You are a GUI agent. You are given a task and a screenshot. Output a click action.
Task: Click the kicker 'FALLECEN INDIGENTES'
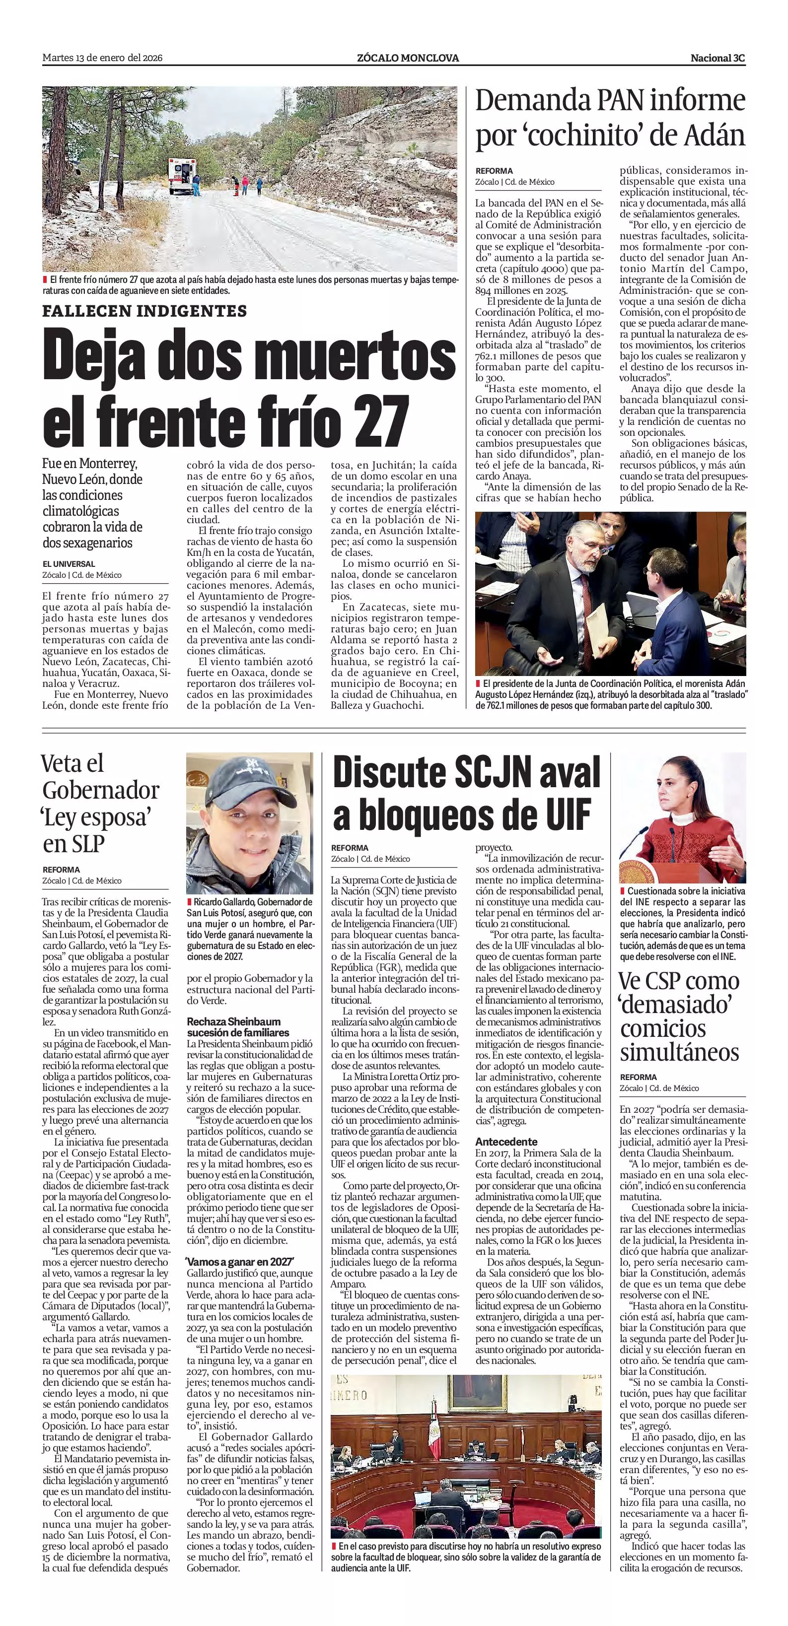pyautogui.click(x=144, y=311)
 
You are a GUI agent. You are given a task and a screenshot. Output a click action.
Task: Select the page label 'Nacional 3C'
pyautogui.click(x=717, y=58)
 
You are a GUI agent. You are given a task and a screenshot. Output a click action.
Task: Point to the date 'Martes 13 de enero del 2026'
pyautogui.click(x=102, y=58)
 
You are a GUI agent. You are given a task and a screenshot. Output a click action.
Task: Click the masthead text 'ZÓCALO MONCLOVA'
pyautogui.click(x=407, y=58)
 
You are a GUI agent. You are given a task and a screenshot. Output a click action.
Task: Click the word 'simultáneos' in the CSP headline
pyautogui.click(x=679, y=1052)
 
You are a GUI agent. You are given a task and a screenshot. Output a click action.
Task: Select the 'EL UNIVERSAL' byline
pyautogui.click(x=69, y=564)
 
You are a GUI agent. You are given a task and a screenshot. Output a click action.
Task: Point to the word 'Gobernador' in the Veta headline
pyautogui.click(x=101, y=790)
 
